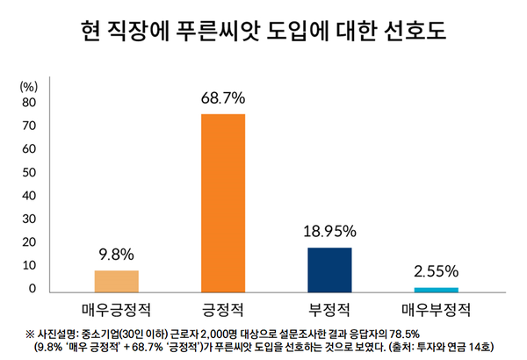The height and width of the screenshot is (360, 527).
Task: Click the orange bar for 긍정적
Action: [223, 202]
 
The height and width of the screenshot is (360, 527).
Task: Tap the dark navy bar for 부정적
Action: [329, 269]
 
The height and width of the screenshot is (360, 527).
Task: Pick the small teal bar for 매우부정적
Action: [436, 289]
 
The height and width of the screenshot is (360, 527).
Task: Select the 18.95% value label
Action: [329, 232]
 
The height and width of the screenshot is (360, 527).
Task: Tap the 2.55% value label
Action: [436, 270]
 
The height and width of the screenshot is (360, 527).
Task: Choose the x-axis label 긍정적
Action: [223, 309]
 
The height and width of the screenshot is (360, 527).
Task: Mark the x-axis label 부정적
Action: [329, 309]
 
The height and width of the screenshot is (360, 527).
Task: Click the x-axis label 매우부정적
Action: [436, 309]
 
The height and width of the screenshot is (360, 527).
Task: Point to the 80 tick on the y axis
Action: [28, 102]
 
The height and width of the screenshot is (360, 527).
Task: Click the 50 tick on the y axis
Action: [28, 172]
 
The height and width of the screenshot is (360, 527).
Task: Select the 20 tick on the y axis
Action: [28, 242]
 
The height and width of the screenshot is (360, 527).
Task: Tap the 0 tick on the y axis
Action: [32, 289]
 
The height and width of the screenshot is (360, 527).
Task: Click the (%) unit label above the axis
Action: [29, 85]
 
